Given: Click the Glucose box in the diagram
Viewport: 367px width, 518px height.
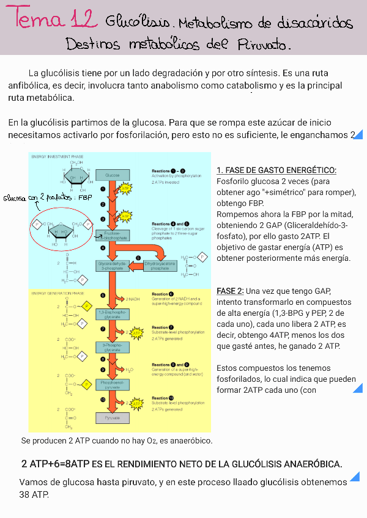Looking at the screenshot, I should (112, 175).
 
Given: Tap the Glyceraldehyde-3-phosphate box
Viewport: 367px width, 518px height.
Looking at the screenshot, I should (112, 266).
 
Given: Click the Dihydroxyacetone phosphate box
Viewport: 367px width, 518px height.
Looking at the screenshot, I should (160, 266).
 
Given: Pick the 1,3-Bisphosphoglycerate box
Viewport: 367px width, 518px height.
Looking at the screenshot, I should (112, 315).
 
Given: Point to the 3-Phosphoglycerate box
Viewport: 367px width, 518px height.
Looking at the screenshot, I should (112, 348).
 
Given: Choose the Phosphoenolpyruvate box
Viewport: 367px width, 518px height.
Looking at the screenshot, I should (112, 384).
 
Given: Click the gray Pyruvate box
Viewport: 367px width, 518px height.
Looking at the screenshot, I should (112, 418).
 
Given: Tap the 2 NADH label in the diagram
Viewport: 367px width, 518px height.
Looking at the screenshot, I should (133, 299).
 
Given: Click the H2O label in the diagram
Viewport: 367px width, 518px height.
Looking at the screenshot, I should (129, 370).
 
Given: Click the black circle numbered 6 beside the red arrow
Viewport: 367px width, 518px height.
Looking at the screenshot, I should (103, 296).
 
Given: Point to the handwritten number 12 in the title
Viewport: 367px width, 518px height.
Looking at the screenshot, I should (83, 20).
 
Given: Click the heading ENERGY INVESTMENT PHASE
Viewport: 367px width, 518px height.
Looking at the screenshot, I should (57, 157).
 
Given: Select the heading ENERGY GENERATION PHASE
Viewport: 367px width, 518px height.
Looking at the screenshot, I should (57, 293).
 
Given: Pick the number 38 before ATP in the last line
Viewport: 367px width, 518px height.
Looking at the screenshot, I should (26, 494).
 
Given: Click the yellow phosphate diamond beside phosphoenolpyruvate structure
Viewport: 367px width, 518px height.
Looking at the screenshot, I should (87, 384).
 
